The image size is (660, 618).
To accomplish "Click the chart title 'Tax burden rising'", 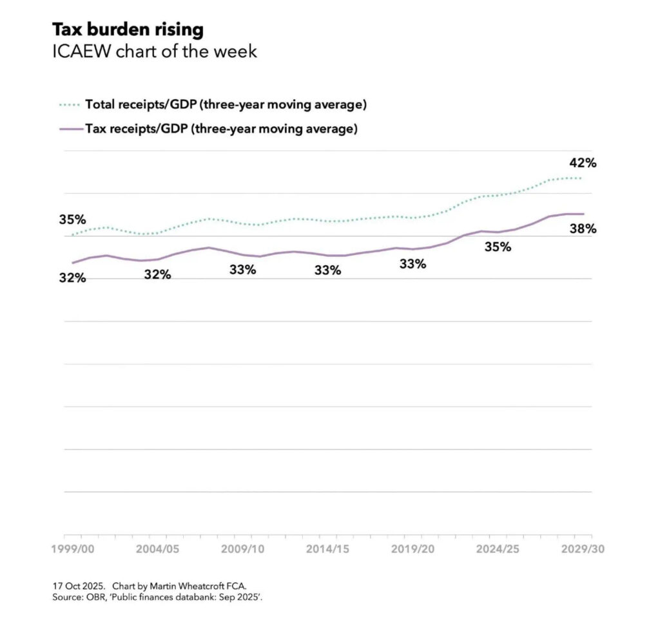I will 128,30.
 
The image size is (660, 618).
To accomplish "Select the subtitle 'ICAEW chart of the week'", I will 155,51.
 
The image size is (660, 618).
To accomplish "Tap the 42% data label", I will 583,163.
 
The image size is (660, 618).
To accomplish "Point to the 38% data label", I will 583,229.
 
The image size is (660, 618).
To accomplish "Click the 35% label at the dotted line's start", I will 72,220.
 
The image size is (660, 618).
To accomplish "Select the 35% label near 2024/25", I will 498,247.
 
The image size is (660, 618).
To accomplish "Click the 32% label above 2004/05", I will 157,275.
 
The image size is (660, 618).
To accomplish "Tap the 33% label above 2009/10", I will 242,270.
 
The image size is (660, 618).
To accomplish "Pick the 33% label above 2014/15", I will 327,270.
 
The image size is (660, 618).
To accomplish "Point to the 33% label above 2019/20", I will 412,264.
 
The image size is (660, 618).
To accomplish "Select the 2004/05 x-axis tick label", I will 159,549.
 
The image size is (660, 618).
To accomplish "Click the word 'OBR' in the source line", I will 94,597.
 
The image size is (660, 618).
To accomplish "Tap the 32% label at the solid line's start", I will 72,279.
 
